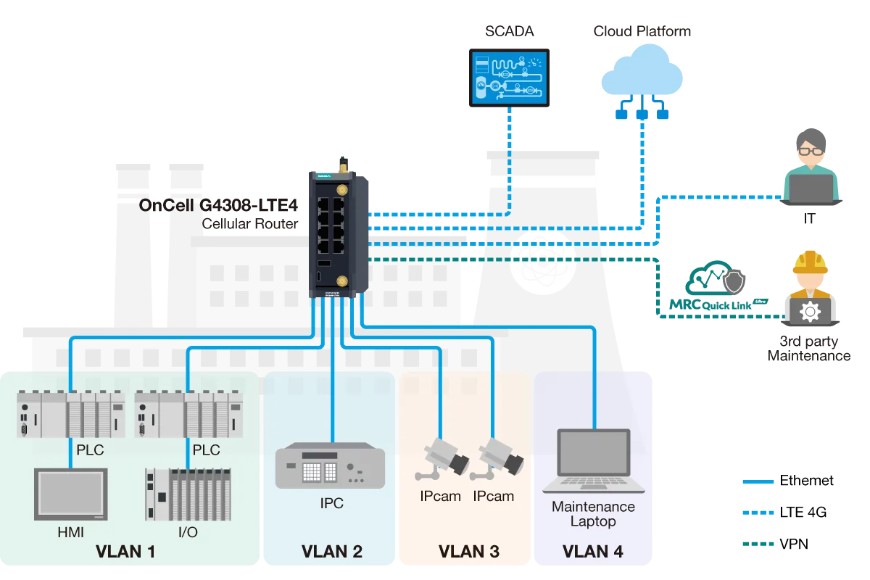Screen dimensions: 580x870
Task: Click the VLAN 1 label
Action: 125,552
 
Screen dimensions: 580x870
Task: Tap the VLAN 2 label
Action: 332,552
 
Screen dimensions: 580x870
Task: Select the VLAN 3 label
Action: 469,552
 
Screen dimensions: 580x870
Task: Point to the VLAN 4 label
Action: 593,552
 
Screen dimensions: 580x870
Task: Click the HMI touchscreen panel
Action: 70,494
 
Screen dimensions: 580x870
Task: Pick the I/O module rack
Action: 188,494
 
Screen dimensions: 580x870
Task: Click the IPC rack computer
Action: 330,465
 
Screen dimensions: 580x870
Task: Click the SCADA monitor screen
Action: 507,77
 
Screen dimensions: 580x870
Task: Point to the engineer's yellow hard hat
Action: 810,262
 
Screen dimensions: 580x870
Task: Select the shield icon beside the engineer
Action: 734,282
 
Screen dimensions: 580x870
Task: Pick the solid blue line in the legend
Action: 759,481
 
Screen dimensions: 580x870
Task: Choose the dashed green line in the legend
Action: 759,544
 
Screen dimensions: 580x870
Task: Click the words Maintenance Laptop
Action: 593,513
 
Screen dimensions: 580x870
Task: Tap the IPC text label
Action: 331,503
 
